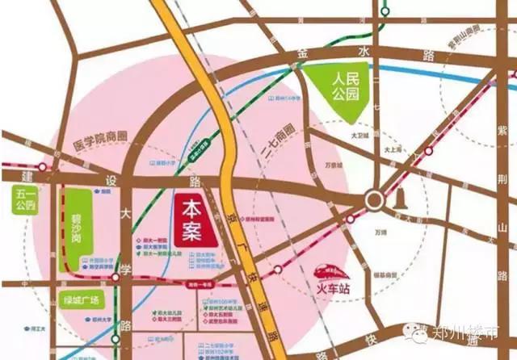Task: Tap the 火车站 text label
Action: (x=331, y=285)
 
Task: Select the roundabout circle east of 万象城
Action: (x=373, y=199)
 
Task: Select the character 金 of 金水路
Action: (x=304, y=52)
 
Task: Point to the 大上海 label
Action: (x=393, y=149)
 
